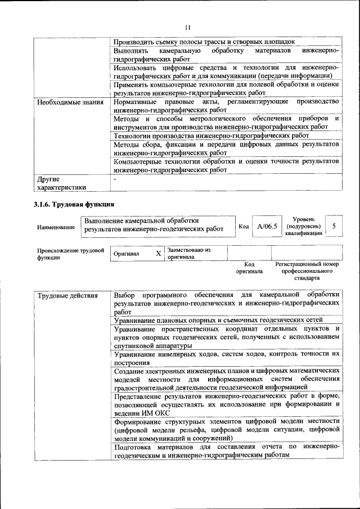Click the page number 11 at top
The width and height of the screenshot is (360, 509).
point(187,26)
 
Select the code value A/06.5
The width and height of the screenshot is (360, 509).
point(267,226)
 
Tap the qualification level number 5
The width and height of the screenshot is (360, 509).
point(334,226)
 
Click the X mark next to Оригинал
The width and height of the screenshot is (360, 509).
point(158,254)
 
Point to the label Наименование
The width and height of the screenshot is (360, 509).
point(56,227)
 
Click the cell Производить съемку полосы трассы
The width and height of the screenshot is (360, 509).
point(204,42)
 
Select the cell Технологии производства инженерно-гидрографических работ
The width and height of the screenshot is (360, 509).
point(211,136)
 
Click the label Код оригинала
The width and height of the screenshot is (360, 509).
point(250,267)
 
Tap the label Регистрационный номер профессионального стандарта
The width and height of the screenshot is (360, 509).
point(307,271)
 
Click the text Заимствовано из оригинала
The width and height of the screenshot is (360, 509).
point(188,253)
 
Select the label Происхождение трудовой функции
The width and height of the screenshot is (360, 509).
point(70,254)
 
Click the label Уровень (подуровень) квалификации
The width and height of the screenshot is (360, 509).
point(303,226)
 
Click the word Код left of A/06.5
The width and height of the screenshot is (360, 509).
point(244,226)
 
